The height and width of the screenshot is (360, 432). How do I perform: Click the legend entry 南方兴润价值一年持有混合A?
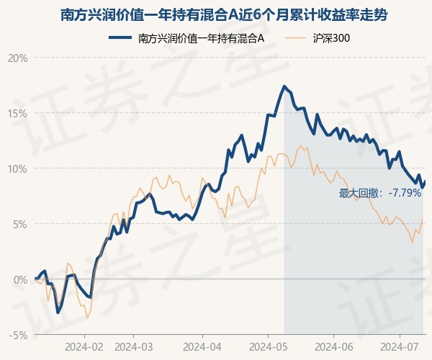click(x=202, y=38)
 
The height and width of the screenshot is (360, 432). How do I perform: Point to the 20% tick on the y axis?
click(x=17, y=58)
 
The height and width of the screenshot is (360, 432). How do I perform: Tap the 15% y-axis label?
click(x=17, y=113)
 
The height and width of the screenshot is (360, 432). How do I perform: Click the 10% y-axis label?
click(x=17, y=168)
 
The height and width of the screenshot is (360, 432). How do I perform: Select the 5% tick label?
click(x=19, y=224)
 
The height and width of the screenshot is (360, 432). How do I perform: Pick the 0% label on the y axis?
click(x=19, y=279)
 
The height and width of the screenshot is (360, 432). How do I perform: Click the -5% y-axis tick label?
click(x=17, y=335)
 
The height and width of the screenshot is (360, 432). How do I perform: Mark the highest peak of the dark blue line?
click(x=284, y=86)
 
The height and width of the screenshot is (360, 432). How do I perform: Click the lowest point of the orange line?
click(x=87, y=318)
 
